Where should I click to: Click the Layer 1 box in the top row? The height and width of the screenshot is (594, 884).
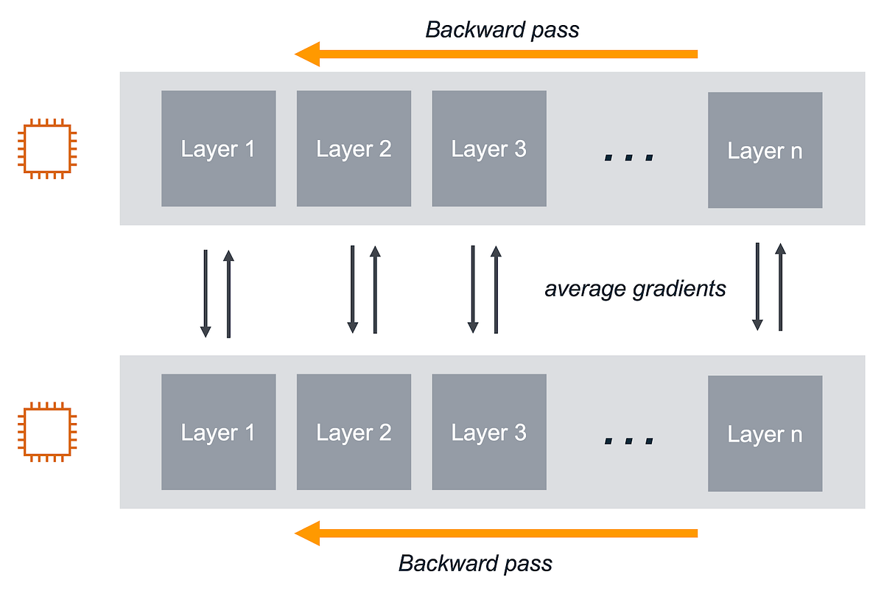point(218,149)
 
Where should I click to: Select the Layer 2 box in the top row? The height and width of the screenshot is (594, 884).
point(354,149)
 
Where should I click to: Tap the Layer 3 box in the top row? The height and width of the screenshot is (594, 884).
point(489,149)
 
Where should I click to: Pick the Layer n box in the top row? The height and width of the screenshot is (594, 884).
point(765,150)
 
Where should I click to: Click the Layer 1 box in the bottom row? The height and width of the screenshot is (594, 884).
point(218,432)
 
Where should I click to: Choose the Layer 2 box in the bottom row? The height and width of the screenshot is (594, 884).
point(354,432)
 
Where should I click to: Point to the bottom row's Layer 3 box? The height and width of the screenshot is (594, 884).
point(489,432)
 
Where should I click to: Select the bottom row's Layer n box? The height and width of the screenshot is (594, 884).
point(765,434)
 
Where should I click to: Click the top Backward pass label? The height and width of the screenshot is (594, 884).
point(502,29)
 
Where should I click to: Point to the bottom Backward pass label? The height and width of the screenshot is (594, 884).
point(475,564)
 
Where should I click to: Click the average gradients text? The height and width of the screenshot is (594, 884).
point(635,288)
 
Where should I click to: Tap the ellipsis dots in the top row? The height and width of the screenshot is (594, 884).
point(628,157)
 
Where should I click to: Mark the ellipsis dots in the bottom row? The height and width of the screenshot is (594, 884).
point(628,441)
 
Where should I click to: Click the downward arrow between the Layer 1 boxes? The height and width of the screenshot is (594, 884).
point(206,293)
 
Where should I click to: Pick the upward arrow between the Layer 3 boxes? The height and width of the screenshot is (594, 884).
point(496,289)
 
